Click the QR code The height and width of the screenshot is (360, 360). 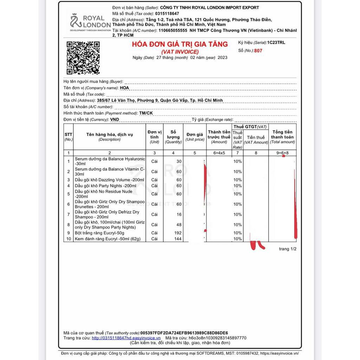coord(83,58)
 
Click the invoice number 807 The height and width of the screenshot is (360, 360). coord(259,51)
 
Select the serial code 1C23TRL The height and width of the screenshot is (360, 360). coord(276,43)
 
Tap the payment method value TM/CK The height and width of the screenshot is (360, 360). coord(146,113)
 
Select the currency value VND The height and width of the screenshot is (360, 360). coord(115,120)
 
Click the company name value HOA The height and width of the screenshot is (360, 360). coord(124,88)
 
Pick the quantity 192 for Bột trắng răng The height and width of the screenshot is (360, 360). coord(178,233)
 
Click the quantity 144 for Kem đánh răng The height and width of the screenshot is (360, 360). coord(178,239)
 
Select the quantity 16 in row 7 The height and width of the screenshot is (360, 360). coord(179,214)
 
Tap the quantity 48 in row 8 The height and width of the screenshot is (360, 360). coord(179,225)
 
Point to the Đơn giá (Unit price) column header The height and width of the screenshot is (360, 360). coord(195,137)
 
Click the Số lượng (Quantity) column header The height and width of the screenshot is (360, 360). coord(173,137)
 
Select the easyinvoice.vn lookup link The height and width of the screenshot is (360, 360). coord(126,338)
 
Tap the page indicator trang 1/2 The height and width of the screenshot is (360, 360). coord(288,249)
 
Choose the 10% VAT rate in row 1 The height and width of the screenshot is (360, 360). coord(238,161)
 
